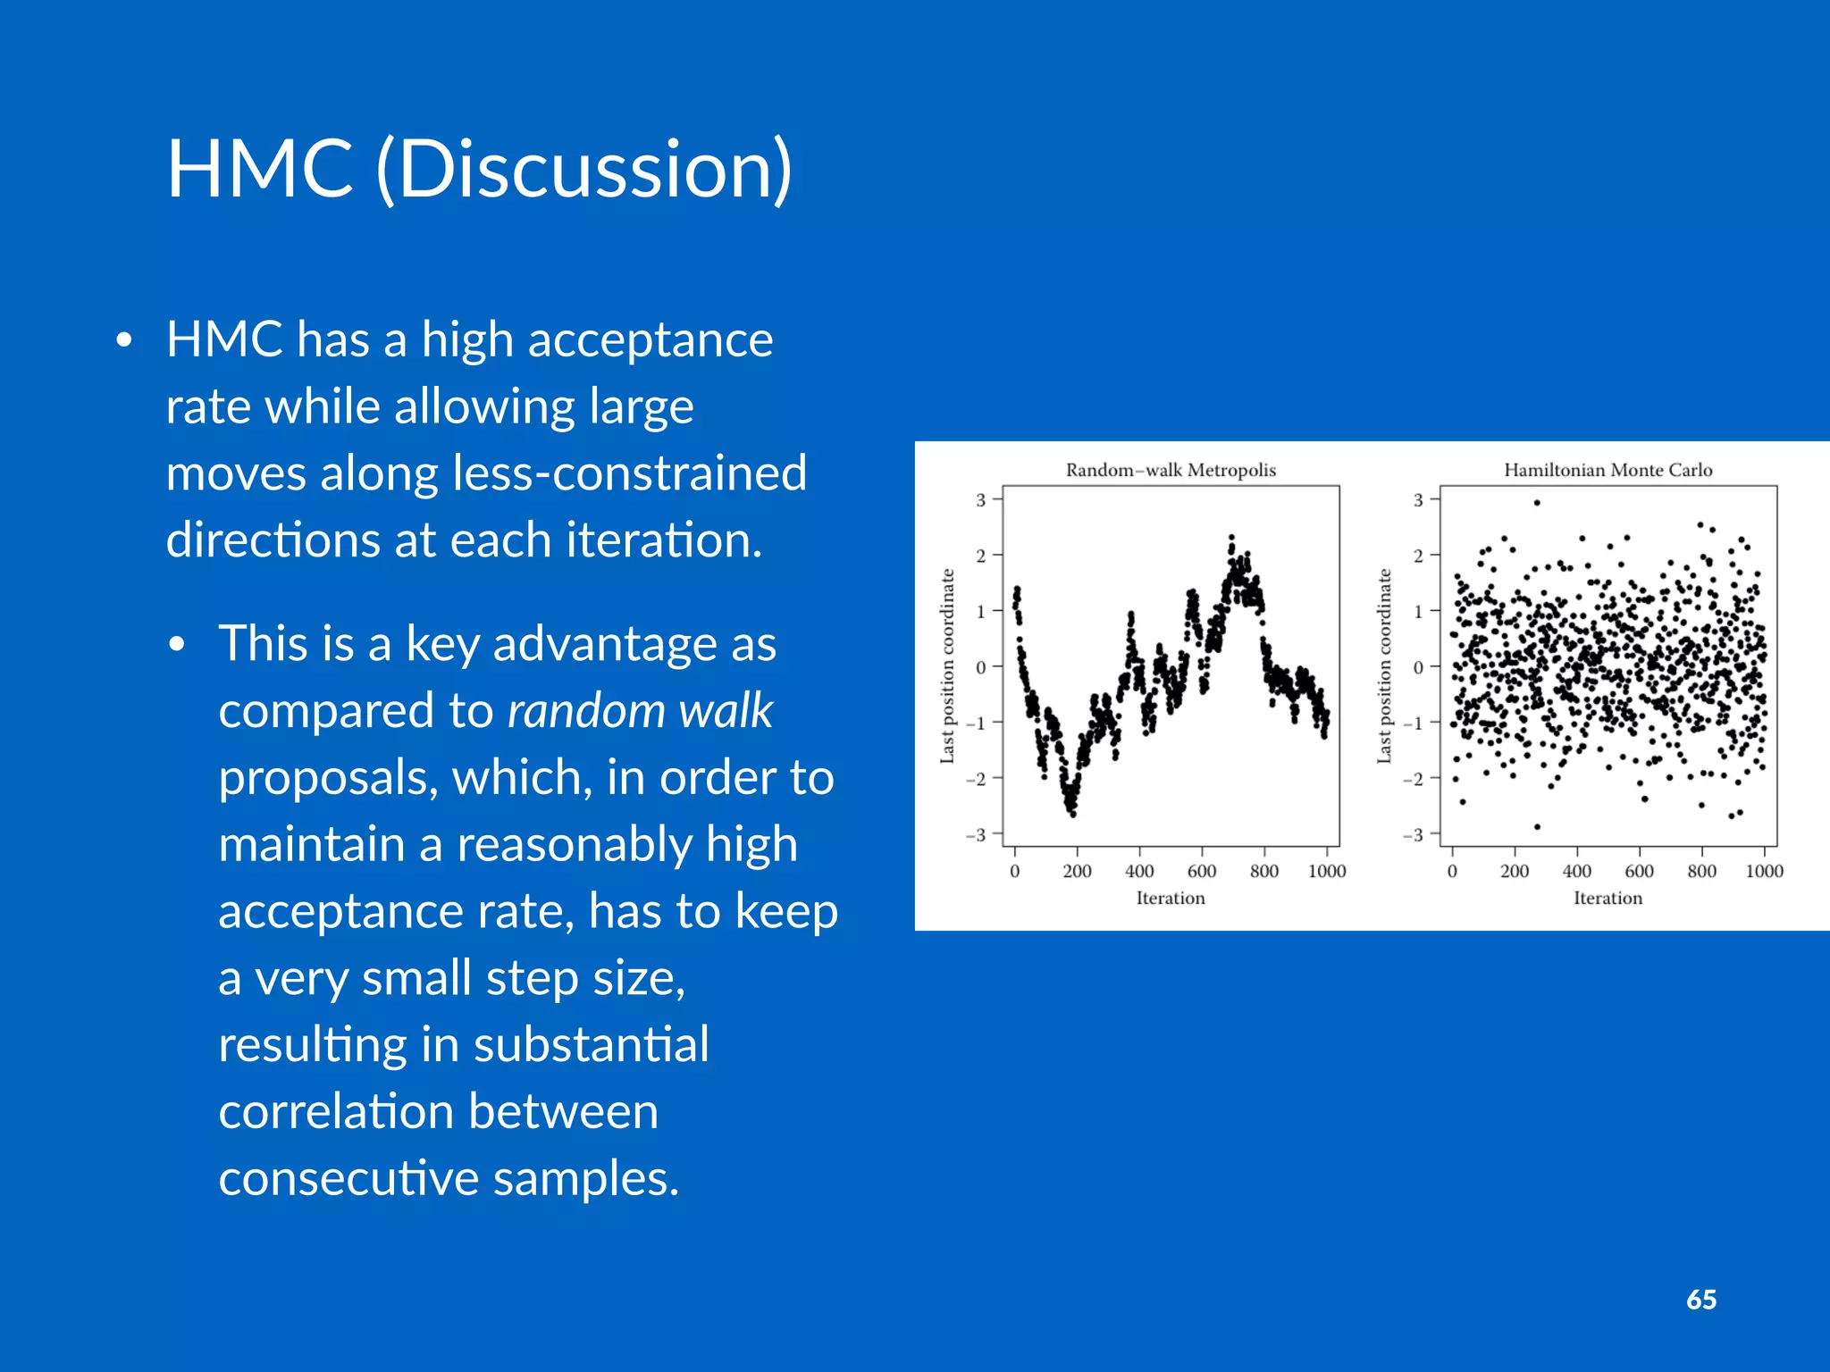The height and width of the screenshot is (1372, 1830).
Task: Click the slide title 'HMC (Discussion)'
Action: [x=479, y=169]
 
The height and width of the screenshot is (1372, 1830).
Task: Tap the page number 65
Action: [x=1700, y=1300]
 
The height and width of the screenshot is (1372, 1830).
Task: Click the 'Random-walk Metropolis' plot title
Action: [x=1170, y=470]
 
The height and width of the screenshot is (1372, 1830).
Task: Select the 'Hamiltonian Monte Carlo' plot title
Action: [x=1608, y=470]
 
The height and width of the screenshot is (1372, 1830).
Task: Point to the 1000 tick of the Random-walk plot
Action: [x=1326, y=871]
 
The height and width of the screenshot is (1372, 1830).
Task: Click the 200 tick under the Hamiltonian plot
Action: [x=1514, y=871]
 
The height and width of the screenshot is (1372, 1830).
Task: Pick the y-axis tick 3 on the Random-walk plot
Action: [x=980, y=500]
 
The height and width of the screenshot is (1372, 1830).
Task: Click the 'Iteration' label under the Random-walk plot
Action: [x=1170, y=898]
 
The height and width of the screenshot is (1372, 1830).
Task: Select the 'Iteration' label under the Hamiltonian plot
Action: [x=1608, y=898]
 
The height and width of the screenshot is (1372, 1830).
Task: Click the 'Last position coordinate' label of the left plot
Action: [x=947, y=666]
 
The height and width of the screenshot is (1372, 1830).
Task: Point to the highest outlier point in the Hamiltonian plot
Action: [x=1537, y=503]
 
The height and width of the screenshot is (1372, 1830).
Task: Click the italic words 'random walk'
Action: [x=640, y=711]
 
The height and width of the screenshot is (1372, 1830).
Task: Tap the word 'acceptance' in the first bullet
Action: [x=650, y=340]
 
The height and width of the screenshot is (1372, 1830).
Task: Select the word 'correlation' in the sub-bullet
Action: [x=336, y=1112]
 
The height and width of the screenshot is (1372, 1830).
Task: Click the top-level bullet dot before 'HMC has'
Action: [x=124, y=340]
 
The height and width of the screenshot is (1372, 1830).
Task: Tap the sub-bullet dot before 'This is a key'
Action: [x=177, y=645]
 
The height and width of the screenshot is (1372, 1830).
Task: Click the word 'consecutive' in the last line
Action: [x=348, y=1179]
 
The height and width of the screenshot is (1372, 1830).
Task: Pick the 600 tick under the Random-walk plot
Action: [x=1201, y=871]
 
